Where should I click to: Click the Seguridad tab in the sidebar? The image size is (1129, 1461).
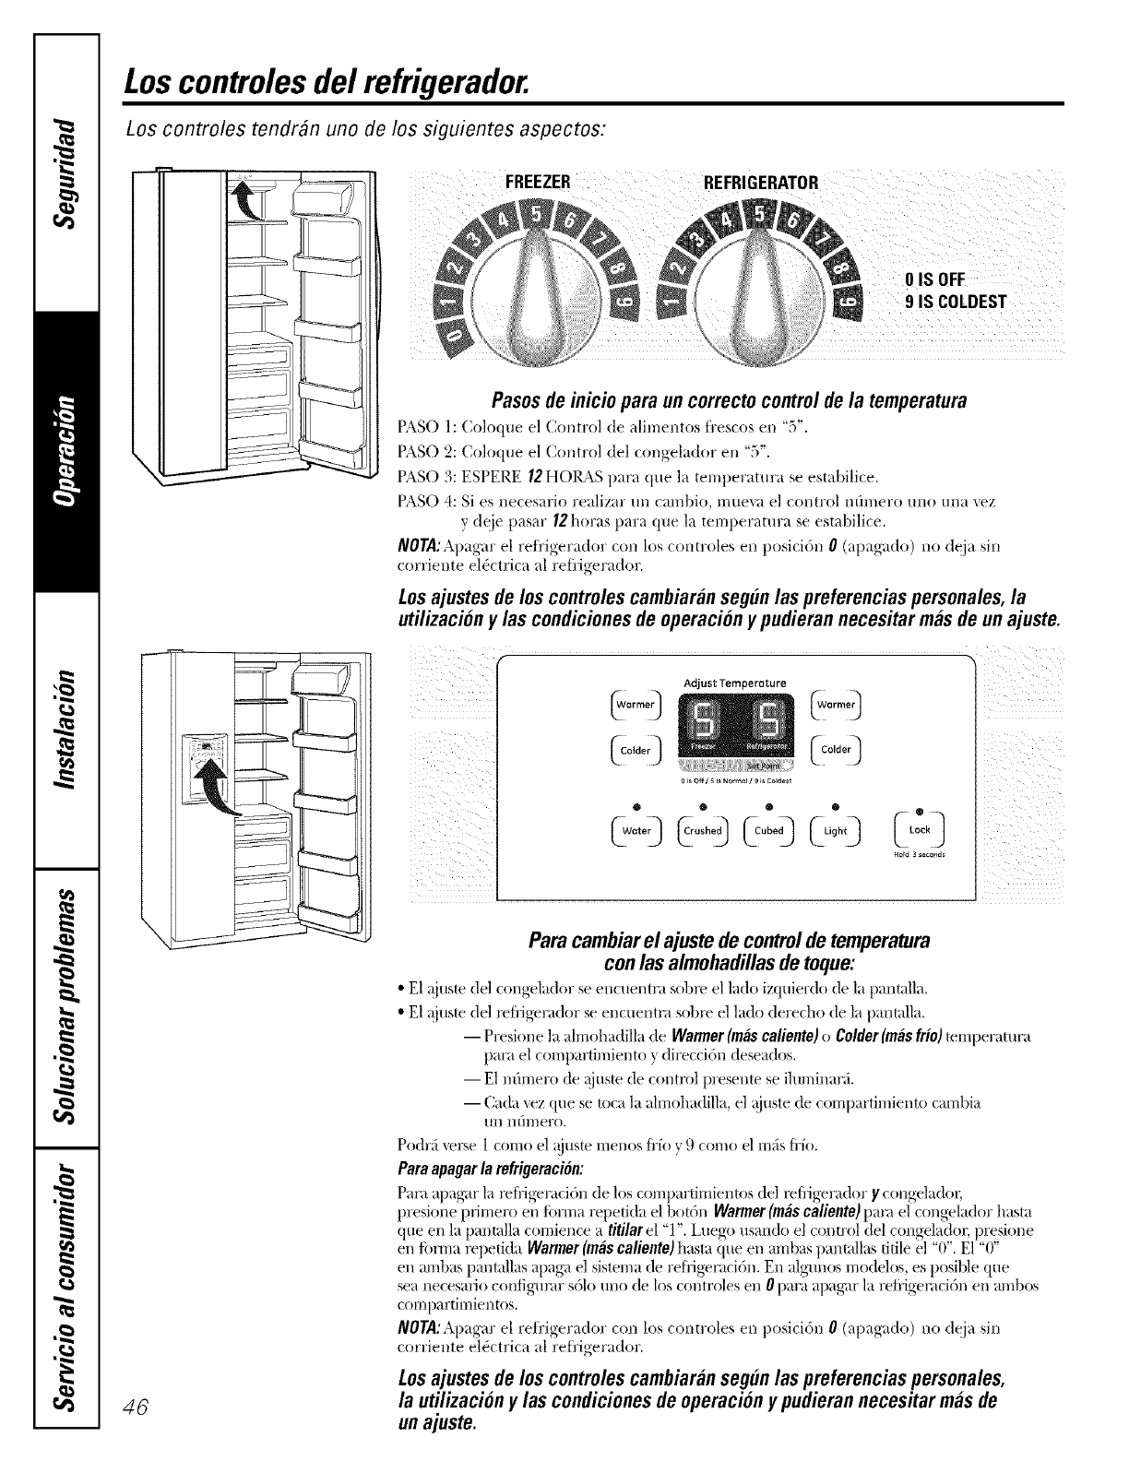[64, 169]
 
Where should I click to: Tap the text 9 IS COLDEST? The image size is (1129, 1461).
[957, 303]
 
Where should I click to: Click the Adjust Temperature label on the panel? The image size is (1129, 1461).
[734, 683]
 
